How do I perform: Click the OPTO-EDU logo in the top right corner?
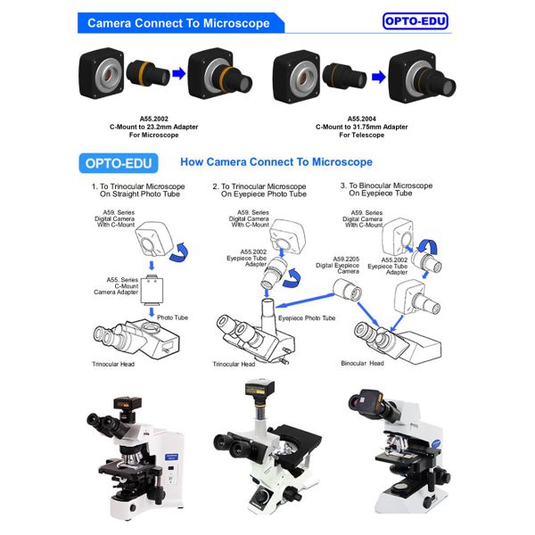tap(415, 21)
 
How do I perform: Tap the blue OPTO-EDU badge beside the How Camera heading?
tap(119, 163)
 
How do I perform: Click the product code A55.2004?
tap(362, 119)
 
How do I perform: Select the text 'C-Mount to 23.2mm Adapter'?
tap(154, 127)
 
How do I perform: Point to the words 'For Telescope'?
tap(362, 136)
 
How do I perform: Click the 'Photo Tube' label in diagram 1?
tap(172, 317)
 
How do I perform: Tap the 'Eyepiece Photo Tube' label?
tap(307, 318)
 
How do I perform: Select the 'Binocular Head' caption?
tap(362, 364)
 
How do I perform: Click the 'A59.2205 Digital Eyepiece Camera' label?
tap(337, 265)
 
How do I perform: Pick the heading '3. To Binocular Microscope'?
tap(386, 185)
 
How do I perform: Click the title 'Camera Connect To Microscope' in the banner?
tap(178, 23)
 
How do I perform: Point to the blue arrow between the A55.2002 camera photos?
tap(179, 73)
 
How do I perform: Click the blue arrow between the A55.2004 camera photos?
tap(378, 77)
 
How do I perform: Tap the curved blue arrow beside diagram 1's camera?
tap(180, 252)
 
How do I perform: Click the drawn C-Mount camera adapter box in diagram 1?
tap(152, 291)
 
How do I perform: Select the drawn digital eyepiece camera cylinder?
tap(348, 291)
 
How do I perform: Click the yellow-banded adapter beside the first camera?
tap(148, 73)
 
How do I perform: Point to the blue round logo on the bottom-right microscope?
tap(436, 444)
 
